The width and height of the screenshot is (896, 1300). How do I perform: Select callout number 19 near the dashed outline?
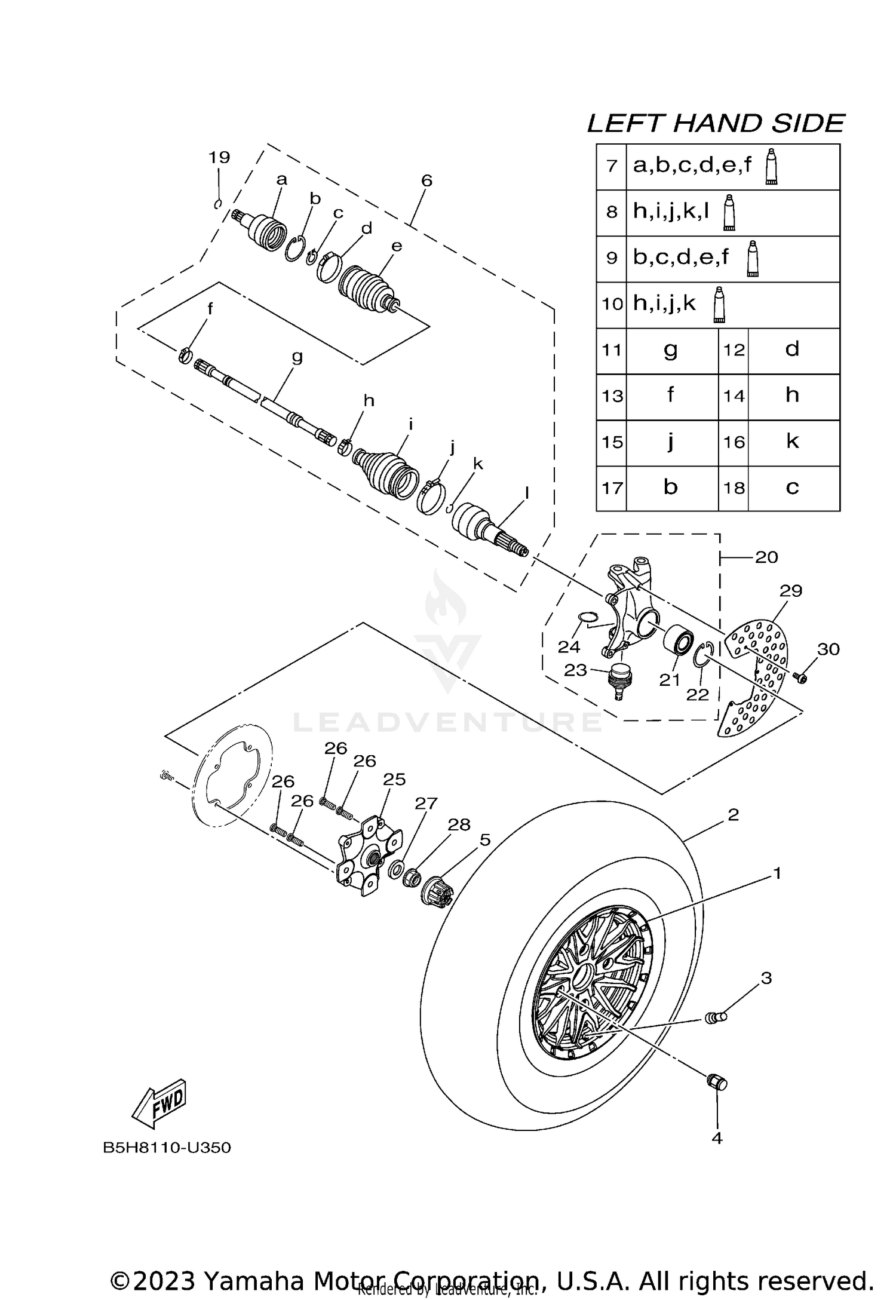tap(219, 158)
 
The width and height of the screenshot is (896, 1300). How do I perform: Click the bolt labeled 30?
tap(801, 677)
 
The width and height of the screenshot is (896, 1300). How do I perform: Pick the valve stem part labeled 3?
tap(715, 1016)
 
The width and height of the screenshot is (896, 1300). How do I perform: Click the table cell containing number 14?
tap(733, 396)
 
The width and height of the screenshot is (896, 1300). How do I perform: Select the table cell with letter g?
tap(671, 350)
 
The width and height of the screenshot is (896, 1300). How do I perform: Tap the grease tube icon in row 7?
tap(772, 167)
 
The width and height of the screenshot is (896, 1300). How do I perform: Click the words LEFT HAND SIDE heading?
tap(716, 124)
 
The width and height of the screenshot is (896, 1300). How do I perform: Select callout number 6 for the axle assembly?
tap(426, 180)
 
